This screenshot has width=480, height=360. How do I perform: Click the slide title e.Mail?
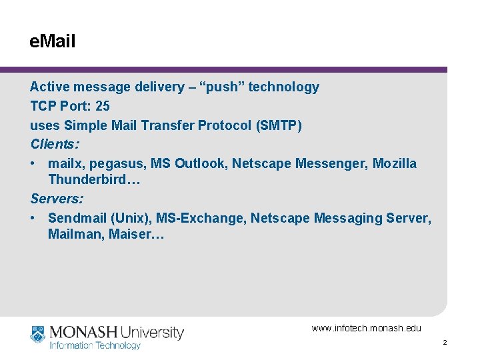(53, 42)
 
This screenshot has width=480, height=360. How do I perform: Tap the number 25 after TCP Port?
(103, 106)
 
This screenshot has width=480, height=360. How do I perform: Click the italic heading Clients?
(55, 144)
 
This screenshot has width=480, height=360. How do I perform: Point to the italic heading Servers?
(57, 199)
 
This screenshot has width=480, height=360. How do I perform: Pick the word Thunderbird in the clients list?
(89, 181)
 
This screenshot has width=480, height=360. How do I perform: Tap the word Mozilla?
(395, 163)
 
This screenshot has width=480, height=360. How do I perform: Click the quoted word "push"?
(221, 87)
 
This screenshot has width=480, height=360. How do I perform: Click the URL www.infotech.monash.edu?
(367, 328)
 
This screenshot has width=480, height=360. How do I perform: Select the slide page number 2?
(445, 342)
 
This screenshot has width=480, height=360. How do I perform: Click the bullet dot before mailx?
(33, 164)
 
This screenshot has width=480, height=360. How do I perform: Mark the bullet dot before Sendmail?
(33, 219)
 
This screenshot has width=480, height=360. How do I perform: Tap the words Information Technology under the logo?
(95, 345)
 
